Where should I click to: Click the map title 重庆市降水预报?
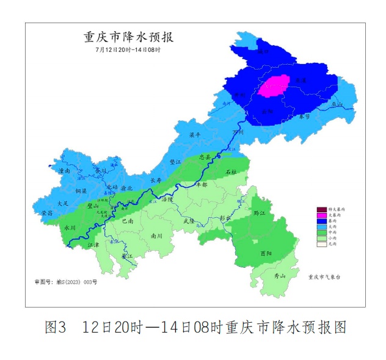(x=128, y=38)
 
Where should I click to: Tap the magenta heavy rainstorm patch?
(x=274, y=86)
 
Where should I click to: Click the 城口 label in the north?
(x=264, y=52)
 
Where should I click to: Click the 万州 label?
(x=239, y=132)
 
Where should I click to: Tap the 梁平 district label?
(x=195, y=135)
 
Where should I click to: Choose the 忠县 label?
(x=206, y=157)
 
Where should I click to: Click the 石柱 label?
(x=231, y=173)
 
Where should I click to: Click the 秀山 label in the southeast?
(x=280, y=276)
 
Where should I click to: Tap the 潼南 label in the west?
(x=65, y=172)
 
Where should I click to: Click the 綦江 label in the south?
(x=126, y=256)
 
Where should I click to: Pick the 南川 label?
(x=156, y=234)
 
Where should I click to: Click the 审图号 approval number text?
(x=65, y=282)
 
